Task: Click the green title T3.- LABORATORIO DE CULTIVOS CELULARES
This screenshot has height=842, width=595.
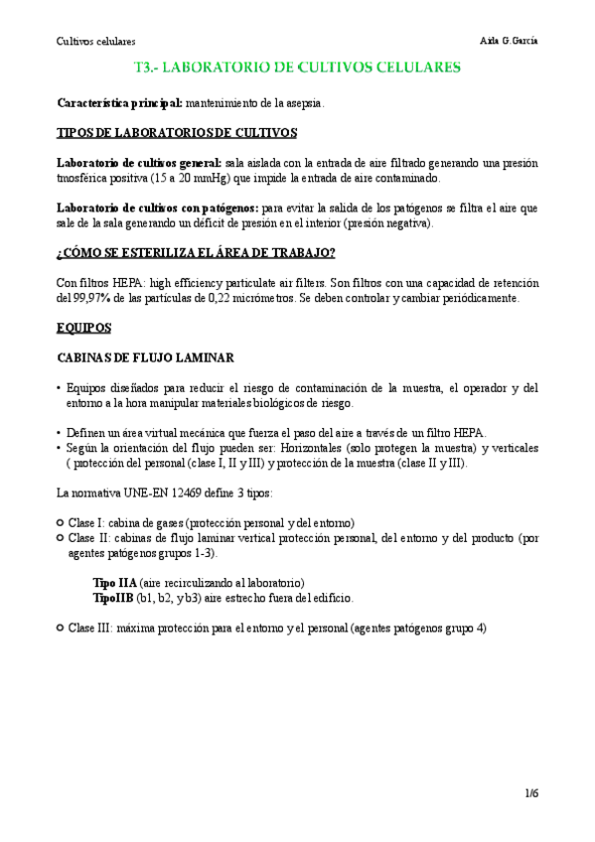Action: coord(296,69)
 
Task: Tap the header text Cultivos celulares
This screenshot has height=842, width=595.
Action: coord(95,42)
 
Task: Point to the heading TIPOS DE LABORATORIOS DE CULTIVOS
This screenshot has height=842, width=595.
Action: coord(176,133)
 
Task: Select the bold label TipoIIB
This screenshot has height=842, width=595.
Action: coord(112,598)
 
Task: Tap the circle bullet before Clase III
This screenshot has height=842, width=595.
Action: coord(62,628)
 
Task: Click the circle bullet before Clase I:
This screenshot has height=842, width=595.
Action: coord(62,522)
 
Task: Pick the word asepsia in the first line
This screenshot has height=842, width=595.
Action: coord(302,103)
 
